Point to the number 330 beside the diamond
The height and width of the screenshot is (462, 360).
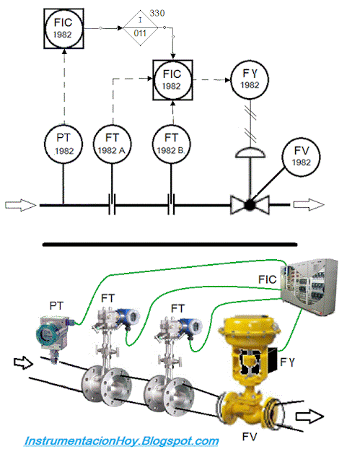[x=157, y=13]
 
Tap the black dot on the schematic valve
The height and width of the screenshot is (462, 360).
[x=250, y=205]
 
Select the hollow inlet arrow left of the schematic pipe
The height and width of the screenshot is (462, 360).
[x=20, y=205]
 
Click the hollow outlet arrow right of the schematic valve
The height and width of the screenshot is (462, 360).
[x=309, y=205]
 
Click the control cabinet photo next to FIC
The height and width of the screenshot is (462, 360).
[x=309, y=287]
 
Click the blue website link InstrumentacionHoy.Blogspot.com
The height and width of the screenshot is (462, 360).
[x=122, y=441]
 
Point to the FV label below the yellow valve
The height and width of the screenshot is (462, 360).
[x=250, y=436]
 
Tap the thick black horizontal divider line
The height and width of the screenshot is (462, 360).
[x=170, y=244]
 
